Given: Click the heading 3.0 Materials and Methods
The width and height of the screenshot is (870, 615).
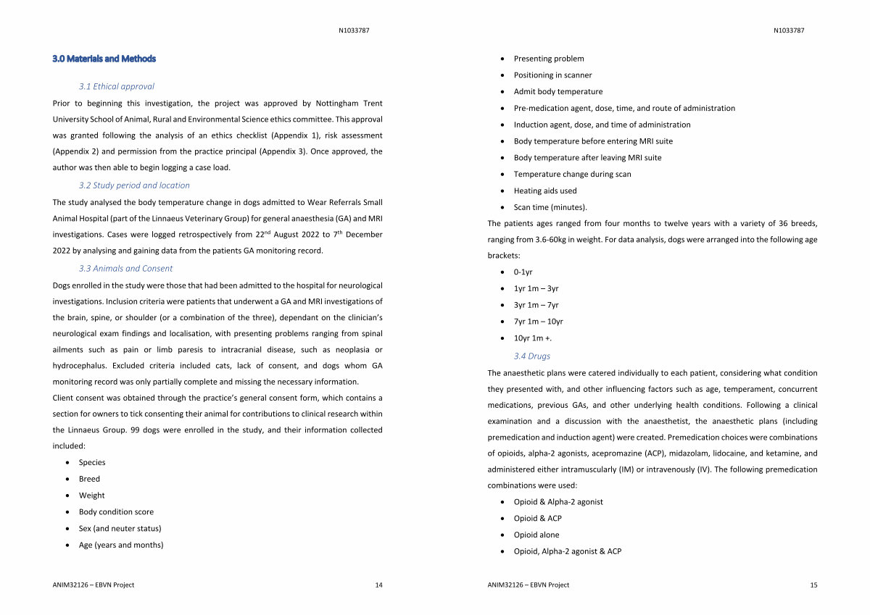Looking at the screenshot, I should point(104,59).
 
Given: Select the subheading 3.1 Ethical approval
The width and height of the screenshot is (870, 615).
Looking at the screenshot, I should point(116,86).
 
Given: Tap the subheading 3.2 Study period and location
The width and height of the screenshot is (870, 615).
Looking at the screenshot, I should point(134,185).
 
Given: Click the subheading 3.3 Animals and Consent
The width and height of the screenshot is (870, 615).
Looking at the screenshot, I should point(125,268).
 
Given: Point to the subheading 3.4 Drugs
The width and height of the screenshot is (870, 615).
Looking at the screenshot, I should point(531,356).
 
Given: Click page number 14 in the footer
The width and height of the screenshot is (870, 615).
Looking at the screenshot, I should point(378,585).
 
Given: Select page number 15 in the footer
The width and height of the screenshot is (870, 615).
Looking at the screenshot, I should point(813,585).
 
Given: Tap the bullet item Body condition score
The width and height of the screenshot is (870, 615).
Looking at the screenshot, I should point(116,512).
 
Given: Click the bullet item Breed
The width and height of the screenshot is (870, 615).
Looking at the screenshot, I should point(89,479).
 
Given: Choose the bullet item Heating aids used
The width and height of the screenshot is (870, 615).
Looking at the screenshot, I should point(545,191).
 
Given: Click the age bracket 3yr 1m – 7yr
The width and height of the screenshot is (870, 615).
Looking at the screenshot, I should point(536,306).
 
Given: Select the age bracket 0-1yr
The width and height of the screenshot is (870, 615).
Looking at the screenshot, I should point(523,272).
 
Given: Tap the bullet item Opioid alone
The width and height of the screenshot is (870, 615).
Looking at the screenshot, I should point(536,535).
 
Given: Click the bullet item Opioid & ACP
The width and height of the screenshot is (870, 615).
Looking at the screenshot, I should point(537,519).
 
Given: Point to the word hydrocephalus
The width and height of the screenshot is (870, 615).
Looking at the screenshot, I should point(80,366).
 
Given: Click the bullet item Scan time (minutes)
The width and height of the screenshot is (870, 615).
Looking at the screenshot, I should point(550,208).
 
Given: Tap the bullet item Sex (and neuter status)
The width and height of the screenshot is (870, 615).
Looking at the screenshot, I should point(120,529).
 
